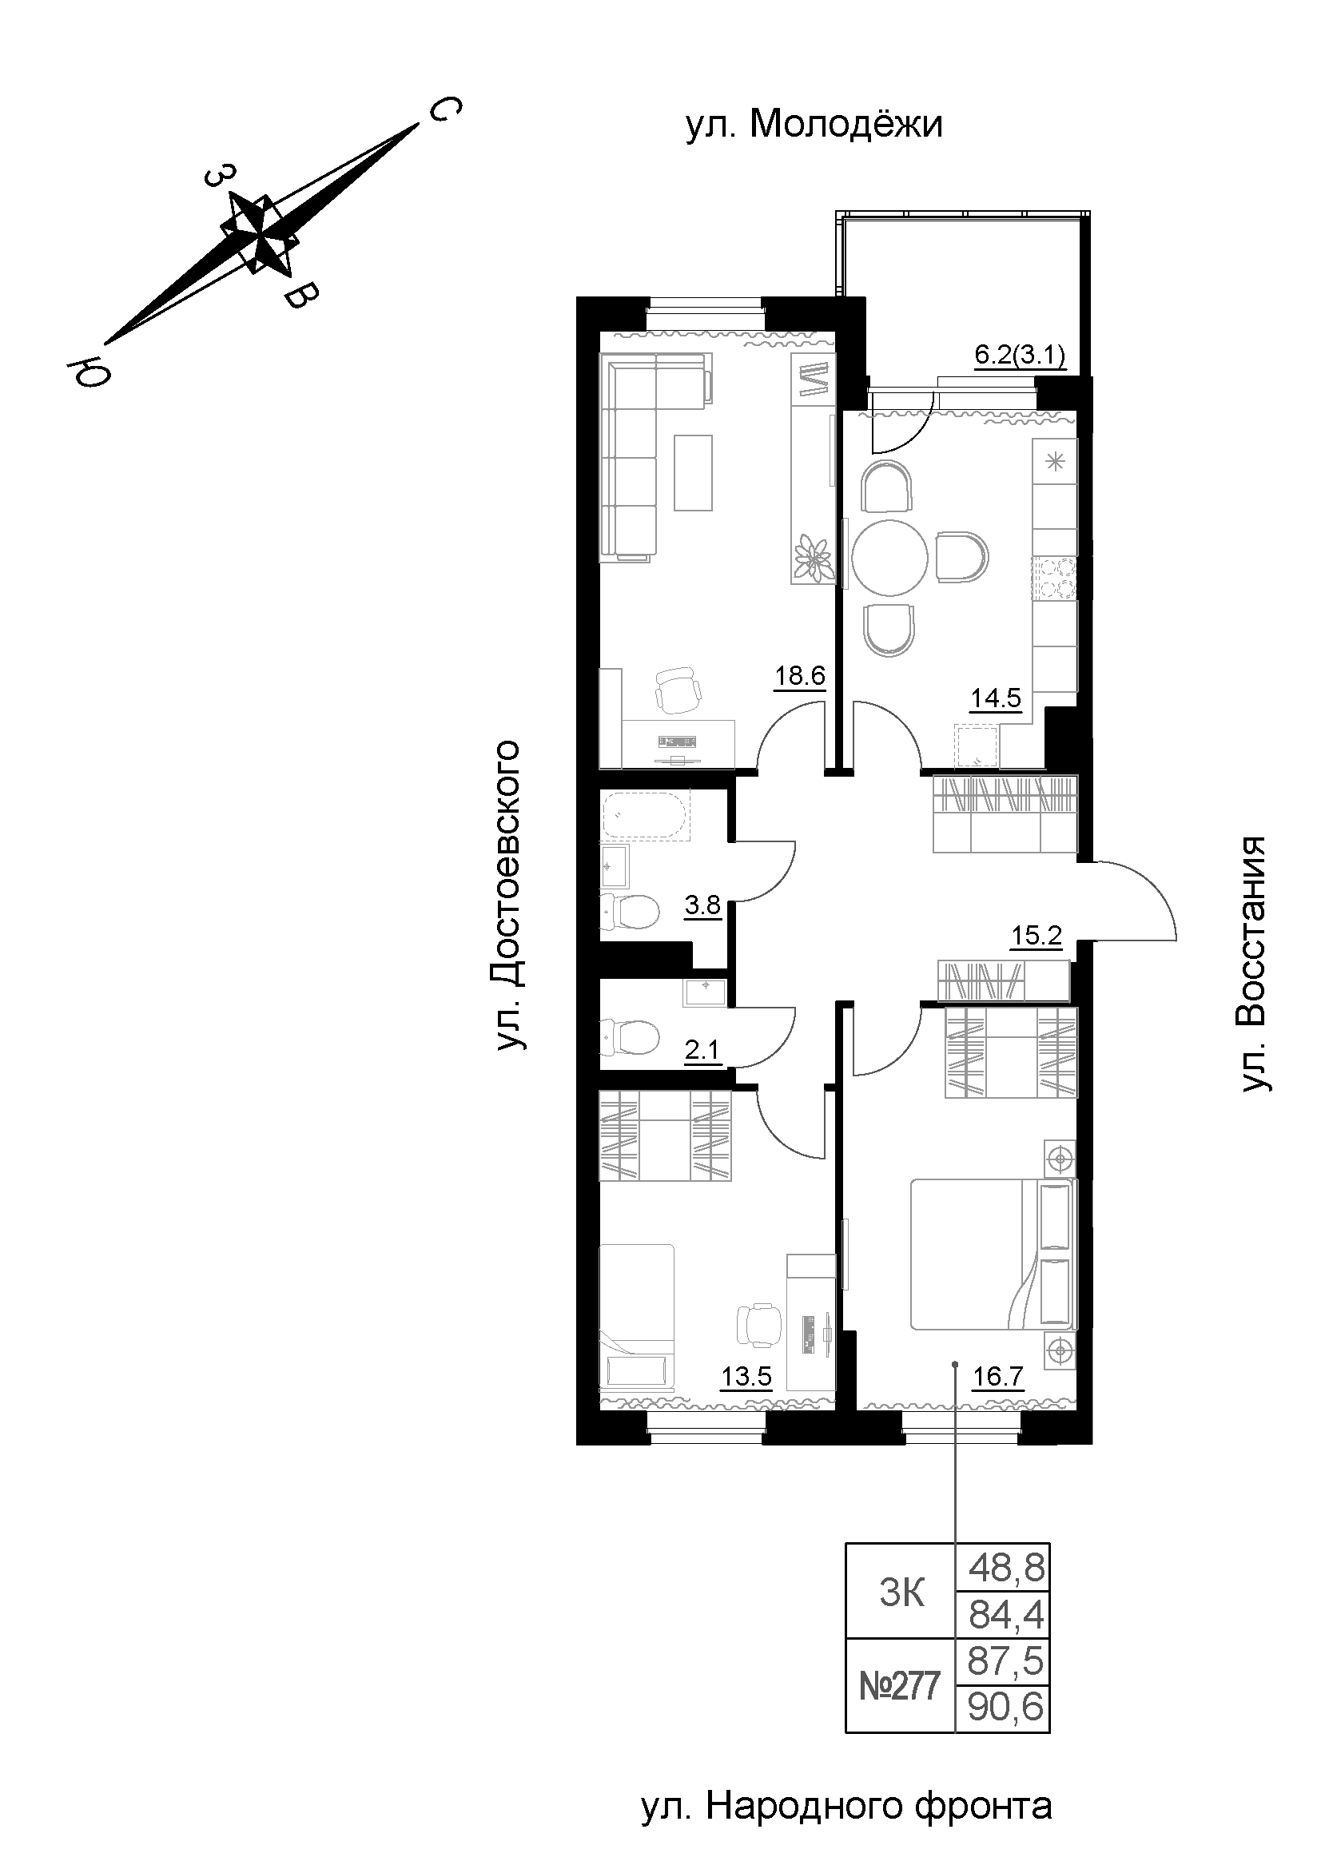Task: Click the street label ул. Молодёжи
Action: click(x=814, y=125)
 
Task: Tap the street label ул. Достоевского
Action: click(x=511, y=895)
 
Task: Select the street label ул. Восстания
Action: click(x=1253, y=962)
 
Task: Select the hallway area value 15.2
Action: click(x=1037, y=936)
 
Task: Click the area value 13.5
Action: click(x=746, y=1377)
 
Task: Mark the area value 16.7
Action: click(x=998, y=1377)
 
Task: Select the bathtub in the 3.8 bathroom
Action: click(x=646, y=815)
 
